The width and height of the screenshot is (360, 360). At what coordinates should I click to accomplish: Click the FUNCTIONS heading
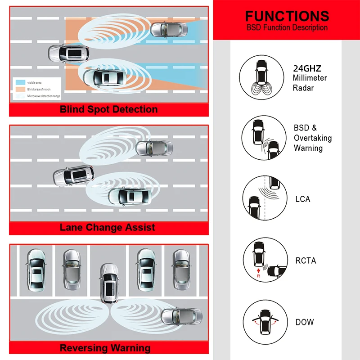(286, 16)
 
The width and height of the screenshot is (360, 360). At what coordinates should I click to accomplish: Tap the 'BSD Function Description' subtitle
(286, 28)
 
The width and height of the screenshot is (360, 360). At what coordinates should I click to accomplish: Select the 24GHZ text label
(307, 69)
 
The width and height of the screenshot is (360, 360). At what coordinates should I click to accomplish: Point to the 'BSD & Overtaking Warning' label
(312, 138)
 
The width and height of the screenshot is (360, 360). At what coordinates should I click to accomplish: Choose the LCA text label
(303, 199)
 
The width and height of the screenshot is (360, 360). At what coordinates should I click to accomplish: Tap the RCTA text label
(305, 261)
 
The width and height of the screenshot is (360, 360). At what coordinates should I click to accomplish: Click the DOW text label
(305, 322)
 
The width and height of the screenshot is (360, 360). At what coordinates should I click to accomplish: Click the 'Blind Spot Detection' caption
(108, 109)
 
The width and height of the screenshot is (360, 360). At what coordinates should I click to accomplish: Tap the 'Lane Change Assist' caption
(108, 227)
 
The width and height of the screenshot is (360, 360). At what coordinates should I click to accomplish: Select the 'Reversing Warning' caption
(105, 348)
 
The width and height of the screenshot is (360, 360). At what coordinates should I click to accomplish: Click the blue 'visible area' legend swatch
(20, 82)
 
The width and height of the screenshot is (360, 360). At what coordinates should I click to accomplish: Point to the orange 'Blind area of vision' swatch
(20, 89)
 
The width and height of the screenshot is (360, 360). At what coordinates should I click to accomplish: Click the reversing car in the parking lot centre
(108, 283)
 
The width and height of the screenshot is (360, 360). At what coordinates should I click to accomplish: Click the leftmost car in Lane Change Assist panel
(73, 175)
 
